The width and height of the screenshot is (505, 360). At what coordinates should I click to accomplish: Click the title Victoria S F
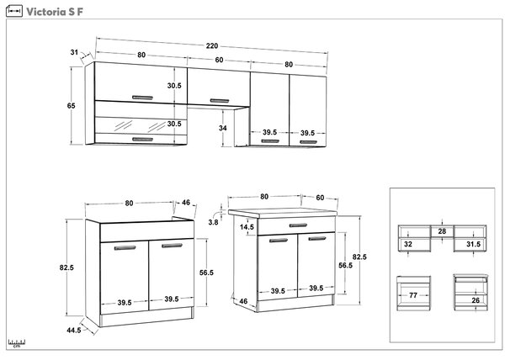click(x=55, y=12)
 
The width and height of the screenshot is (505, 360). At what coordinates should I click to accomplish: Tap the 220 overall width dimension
click(x=212, y=46)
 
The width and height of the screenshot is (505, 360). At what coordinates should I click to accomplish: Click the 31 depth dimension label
click(x=74, y=52)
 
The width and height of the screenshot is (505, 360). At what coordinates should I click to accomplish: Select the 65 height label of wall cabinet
click(x=72, y=105)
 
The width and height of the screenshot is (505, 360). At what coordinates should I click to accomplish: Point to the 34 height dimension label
click(x=222, y=128)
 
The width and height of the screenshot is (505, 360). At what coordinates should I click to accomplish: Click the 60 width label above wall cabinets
click(x=219, y=61)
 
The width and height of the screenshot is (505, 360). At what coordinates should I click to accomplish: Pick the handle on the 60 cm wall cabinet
click(x=220, y=101)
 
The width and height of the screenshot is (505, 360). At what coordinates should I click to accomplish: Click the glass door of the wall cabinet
click(x=141, y=126)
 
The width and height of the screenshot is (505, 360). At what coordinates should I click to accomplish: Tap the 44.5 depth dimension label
click(x=74, y=330)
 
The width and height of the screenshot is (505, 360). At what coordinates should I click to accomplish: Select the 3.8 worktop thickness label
click(x=213, y=222)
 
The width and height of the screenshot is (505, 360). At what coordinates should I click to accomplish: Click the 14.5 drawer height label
click(x=247, y=227)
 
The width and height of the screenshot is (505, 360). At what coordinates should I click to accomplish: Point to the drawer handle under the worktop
click(x=298, y=225)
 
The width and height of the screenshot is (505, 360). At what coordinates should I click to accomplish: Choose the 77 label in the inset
click(x=413, y=295)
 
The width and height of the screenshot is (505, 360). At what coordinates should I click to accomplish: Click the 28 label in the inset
click(x=442, y=231)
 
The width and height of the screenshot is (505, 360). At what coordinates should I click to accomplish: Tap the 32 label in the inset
click(x=408, y=244)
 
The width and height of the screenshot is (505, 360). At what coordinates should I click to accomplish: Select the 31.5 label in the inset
click(x=473, y=245)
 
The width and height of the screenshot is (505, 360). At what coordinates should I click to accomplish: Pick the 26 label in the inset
click(x=476, y=300)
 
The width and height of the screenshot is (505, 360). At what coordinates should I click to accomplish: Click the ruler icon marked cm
click(x=17, y=343)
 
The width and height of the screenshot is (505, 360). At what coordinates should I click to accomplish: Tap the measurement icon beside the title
click(x=14, y=11)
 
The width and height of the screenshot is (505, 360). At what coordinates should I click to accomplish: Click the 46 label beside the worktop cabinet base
click(x=243, y=301)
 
